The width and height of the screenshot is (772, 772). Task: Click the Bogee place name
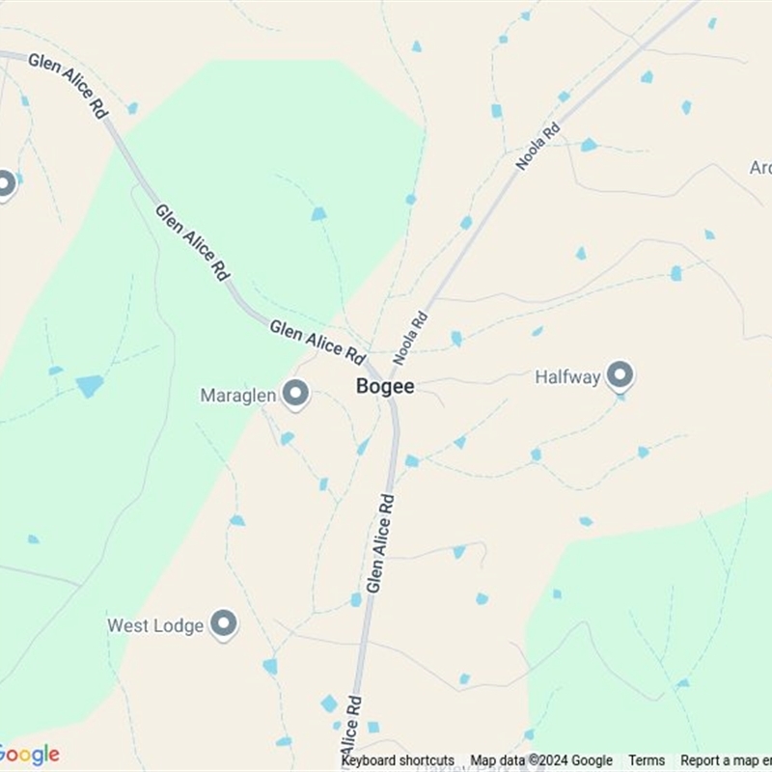[x=385, y=386]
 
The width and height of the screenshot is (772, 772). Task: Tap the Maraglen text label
[x=238, y=396]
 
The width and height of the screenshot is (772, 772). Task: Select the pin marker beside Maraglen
[x=294, y=394]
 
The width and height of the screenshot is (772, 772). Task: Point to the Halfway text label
[x=567, y=377]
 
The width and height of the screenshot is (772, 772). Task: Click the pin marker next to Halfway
[x=620, y=374]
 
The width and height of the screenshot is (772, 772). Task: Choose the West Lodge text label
[x=155, y=625]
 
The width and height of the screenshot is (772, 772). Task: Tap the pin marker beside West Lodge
[x=224, y=623]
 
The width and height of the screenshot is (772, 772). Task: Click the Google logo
[x=29, y=755]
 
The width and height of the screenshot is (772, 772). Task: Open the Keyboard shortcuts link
[x=398, y=760]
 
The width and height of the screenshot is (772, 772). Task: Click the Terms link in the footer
[x=647, y=760]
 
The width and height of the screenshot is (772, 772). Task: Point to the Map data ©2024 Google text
[x=541, y=760]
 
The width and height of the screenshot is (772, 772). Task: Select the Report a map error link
[x=725, y=760]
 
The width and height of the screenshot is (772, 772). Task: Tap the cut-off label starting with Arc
[x=760, y=168]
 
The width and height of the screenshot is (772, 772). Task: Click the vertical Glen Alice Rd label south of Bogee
[x=381, y=543]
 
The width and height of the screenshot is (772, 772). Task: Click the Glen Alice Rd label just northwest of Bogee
[x=316, y=339]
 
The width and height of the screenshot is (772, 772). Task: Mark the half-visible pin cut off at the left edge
[x=5, y=183]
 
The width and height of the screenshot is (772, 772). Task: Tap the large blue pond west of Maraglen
[x=90, y=386]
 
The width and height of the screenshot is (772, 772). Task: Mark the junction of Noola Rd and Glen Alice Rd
[x=388, y=378]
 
